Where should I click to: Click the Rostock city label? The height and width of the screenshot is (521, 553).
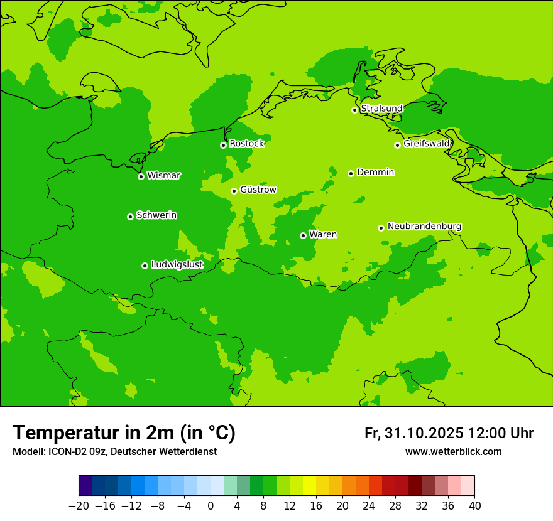[x=246, y=144]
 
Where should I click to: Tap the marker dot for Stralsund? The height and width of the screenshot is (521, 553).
[x=354, y=110]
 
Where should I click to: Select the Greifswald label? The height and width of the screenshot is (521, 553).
[x=426, y=144]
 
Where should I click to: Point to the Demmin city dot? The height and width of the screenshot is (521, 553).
[x=351, y=173]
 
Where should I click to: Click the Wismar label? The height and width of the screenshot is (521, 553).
[x=163, y=176]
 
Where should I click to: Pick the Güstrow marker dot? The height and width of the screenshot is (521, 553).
[x=234, y=191]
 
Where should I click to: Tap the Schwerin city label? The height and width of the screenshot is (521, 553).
[x=156, y=215]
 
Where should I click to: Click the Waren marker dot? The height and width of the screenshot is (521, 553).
[x=303, y=235]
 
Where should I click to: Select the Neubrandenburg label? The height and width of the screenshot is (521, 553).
[x=424, y=227]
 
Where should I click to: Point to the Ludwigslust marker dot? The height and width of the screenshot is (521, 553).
[x=145, y=266]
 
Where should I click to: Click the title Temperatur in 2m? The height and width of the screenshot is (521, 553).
[x=124, y=432]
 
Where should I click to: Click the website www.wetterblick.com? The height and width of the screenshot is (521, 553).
[x=453, y=452]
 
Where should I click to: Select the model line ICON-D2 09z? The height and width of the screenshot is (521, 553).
[x=114, y=452]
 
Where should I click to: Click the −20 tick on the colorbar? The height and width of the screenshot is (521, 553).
[x=79, y=505]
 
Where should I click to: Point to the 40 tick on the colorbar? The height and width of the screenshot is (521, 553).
[x=474, y=505]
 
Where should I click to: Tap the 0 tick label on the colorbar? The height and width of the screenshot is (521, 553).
[x=211, y=505]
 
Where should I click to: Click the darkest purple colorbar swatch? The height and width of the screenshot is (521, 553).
[x=85, y=486]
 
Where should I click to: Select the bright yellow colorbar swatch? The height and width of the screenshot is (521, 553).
[x=309, y=486]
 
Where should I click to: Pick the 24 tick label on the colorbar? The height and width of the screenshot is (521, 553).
[x=369, y=505]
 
